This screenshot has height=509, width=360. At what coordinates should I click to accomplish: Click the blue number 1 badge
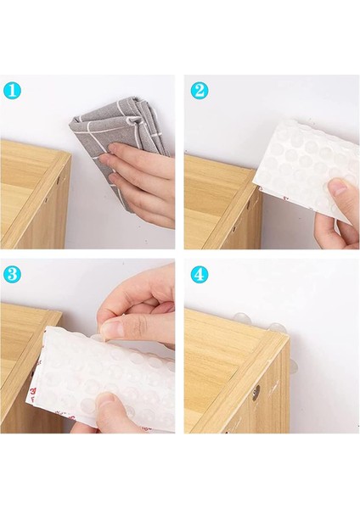pos(12,91)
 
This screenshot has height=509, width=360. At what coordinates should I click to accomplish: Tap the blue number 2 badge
pos(200,91)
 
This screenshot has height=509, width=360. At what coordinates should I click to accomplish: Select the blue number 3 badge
pos(12,275)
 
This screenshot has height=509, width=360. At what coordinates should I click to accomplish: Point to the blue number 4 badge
pos(200,275)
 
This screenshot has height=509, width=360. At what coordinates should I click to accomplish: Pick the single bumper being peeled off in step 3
pos(98,338)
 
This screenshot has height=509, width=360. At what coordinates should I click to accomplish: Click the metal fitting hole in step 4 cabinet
pos(256,389)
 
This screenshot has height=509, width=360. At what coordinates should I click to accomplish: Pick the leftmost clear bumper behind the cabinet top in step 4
pos(240,316)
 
